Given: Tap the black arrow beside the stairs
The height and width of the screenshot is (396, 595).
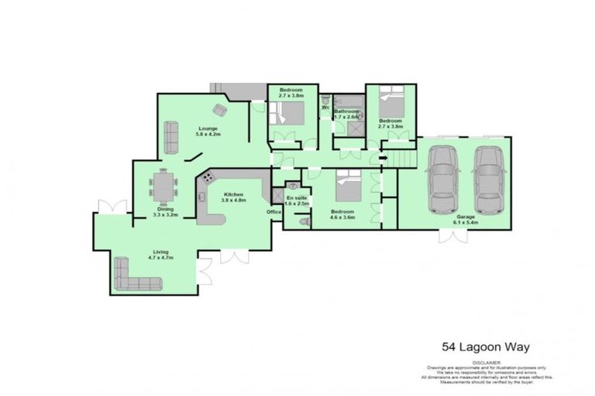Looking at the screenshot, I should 382,159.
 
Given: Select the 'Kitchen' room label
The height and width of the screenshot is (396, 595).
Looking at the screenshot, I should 234,193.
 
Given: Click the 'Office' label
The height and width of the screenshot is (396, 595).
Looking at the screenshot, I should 273,211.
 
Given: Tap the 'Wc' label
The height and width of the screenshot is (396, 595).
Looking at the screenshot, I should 325,107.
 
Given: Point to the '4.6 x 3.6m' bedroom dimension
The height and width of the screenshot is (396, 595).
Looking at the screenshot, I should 342,217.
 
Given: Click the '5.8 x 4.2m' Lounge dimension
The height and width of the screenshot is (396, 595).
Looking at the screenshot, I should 208,135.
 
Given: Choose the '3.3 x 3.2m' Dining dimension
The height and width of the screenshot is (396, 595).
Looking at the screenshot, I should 165,215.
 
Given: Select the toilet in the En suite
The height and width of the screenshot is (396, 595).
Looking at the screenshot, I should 304,221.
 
